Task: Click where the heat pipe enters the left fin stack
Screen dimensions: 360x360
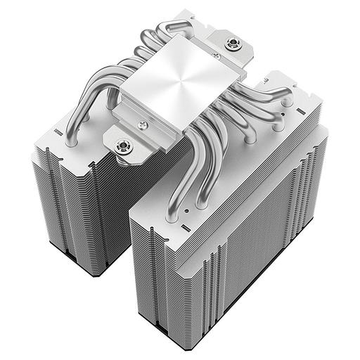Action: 70,141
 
